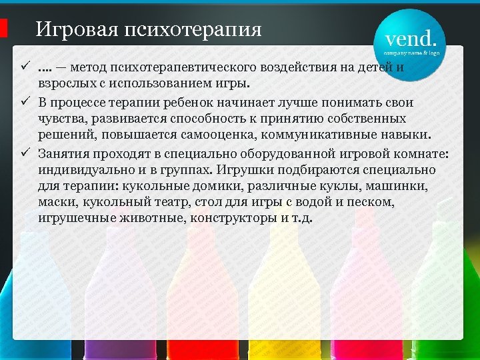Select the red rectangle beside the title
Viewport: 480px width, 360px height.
coord(3,28)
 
